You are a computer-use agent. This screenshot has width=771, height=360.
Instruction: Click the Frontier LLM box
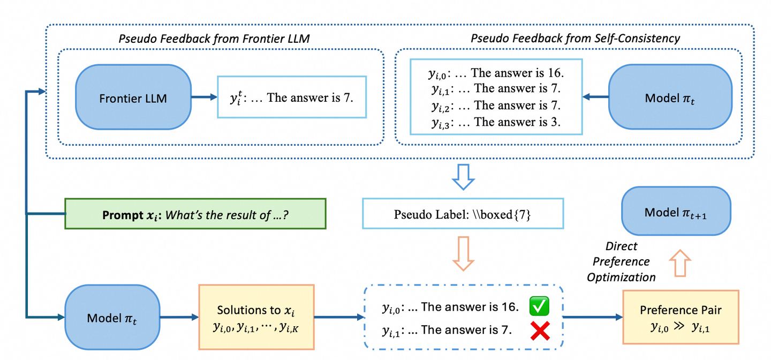pos(133,97)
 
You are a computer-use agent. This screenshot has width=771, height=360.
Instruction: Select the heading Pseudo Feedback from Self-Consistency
pos(575,38)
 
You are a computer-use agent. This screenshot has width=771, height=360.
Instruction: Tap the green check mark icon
pos(540,307)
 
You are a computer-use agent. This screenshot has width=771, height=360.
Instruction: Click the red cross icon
pos(540,332)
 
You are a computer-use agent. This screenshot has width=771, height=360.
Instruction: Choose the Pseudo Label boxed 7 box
pos(463,214)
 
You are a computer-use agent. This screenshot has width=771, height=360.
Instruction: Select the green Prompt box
pos(195,214)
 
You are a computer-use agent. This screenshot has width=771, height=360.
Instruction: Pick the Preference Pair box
pos(681,317)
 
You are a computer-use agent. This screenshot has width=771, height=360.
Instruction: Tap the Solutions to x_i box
pos(256,317)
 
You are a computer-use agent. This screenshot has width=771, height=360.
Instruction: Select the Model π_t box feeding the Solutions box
pos(112,318)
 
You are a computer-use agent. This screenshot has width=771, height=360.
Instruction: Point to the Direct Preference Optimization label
pos(621,261)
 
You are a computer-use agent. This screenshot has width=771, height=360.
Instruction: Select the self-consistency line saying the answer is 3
pos(496,122)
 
